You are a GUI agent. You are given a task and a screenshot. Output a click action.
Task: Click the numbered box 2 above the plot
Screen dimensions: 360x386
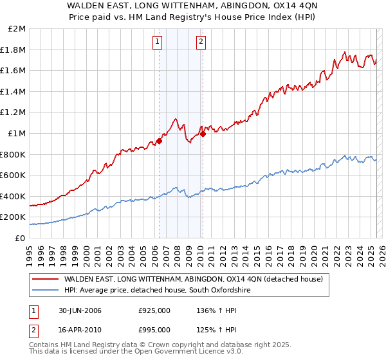click(201, 42)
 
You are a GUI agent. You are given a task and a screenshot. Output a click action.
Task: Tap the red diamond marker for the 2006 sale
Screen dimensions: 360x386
click(159, 141)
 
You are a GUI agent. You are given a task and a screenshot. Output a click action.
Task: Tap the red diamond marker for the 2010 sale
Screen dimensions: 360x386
click(202, 134)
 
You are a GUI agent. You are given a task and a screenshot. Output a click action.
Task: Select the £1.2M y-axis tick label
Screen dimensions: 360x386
click(14, 113)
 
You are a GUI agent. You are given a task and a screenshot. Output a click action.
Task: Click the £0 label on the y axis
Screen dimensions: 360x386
click(21, 238)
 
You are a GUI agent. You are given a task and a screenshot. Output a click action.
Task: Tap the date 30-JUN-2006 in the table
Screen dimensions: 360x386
click(80, 310)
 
